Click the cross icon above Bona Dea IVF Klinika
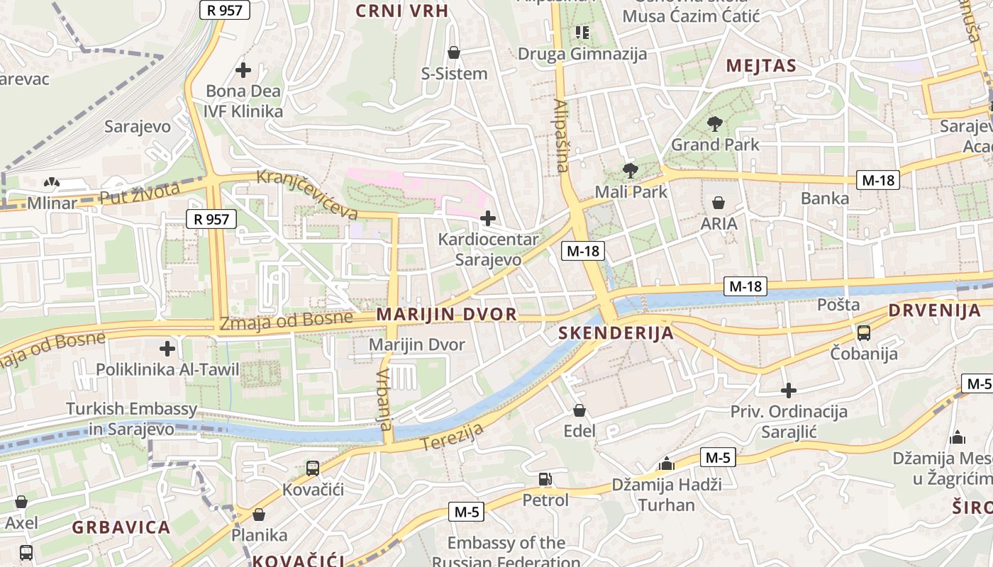click(243, 70)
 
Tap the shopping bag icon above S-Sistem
click(454, 52)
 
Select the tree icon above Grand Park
click(714, 124)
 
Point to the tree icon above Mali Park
click(629, 170)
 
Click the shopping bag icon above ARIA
click(719, 203)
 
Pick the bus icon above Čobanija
click(864, 332)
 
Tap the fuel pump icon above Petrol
click(545, 480)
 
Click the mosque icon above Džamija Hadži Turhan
click(666, 464)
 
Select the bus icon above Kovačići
click(312, 468)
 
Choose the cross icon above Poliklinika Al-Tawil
click(167, 348)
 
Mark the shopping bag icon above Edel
click(579, 410)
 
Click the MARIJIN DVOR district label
click(447, 314)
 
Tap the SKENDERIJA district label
click(616, 333)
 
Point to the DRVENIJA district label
click(935, 310)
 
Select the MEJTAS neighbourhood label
click(761, 67)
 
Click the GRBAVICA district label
click(121, 527)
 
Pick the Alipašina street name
click(560, 135)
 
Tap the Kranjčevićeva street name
click(307, 193)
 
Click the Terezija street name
click(453, 436)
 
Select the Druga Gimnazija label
click(582, 54)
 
